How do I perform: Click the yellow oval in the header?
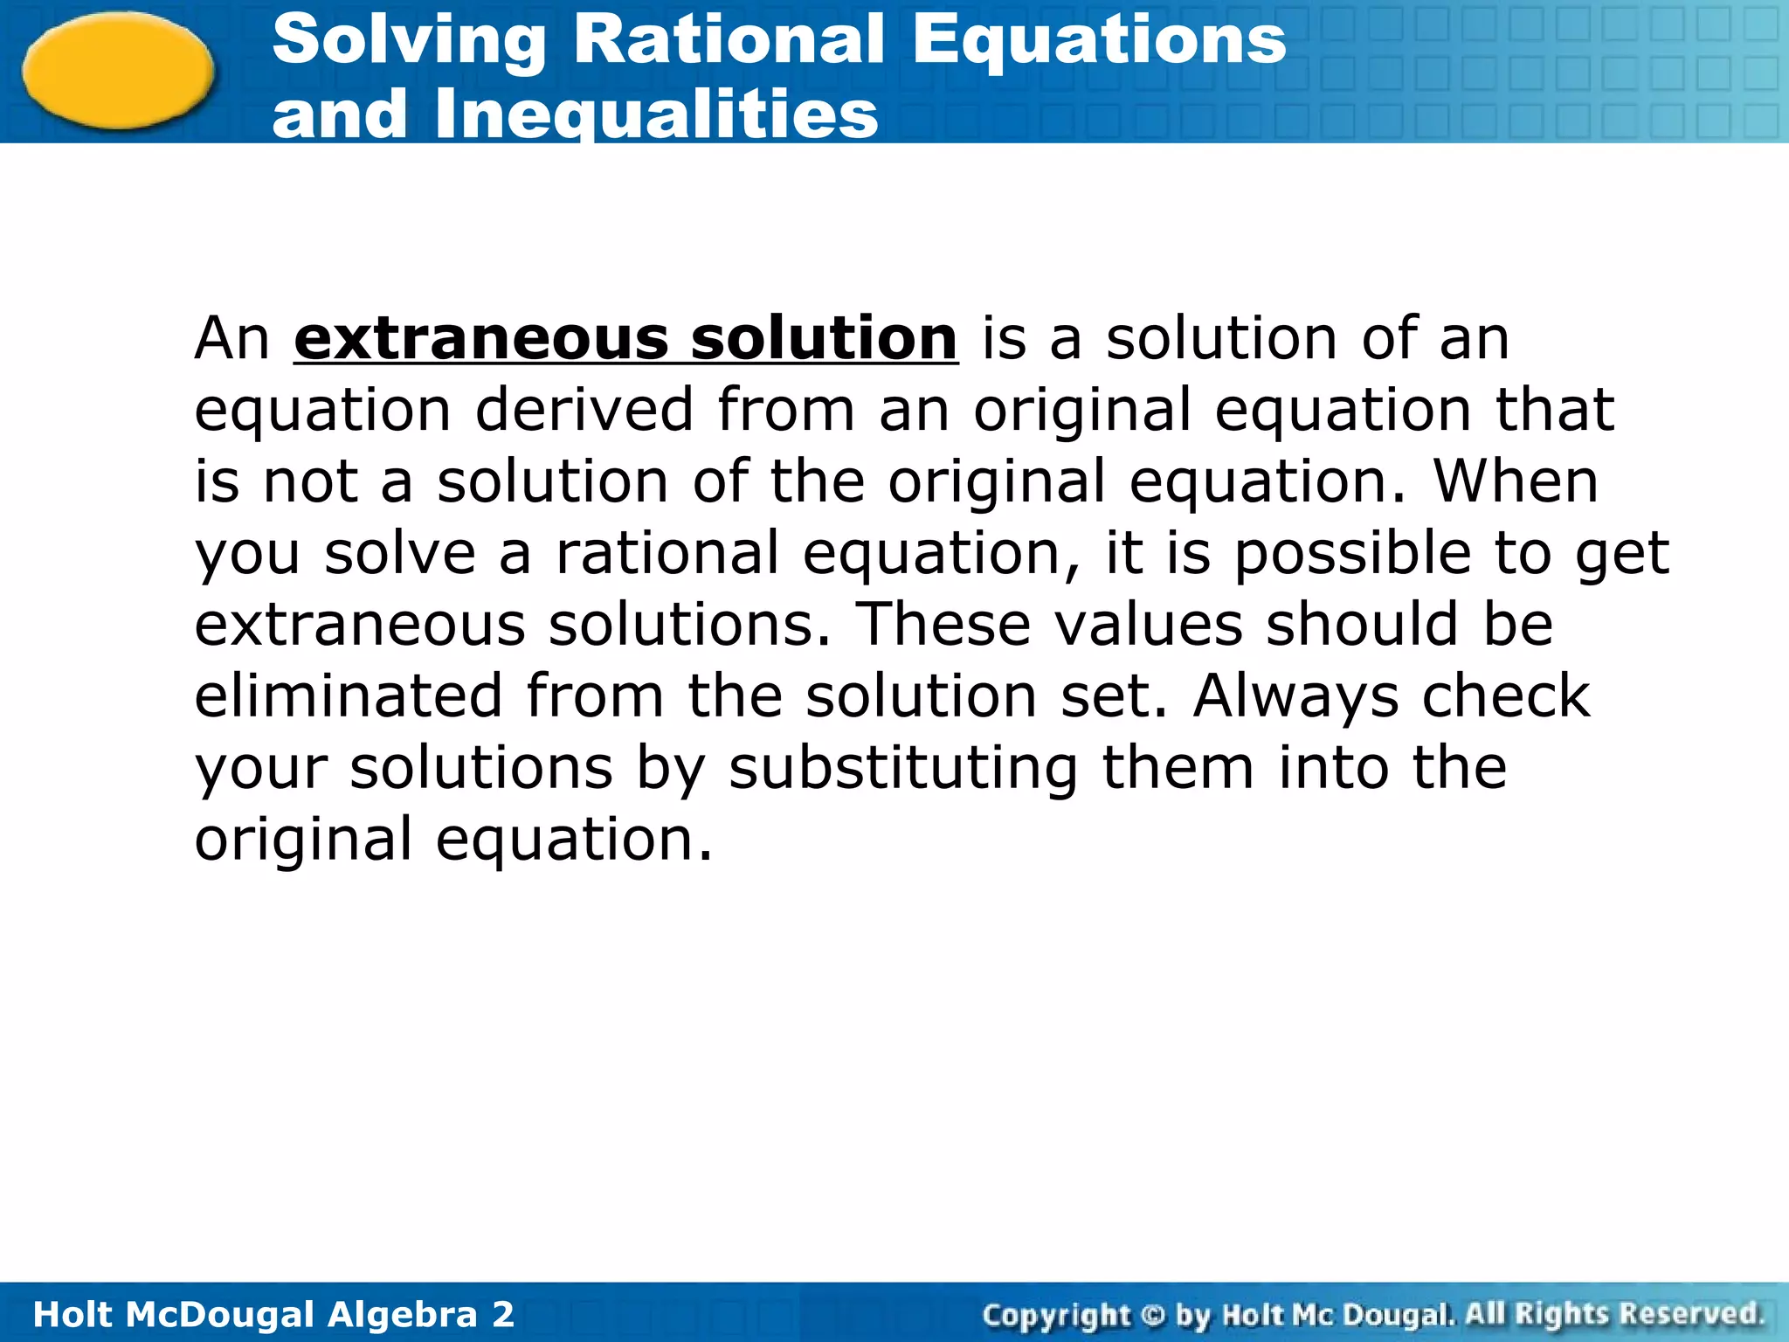click(x=118, y=70)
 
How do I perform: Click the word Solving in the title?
click(x=409, y=41)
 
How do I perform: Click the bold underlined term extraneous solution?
click(x=625, y=338)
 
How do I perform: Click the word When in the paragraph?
click(x=1516, y=481)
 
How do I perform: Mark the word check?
click(x=1506, y=696)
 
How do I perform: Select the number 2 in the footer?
click(x=503, y=1315)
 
